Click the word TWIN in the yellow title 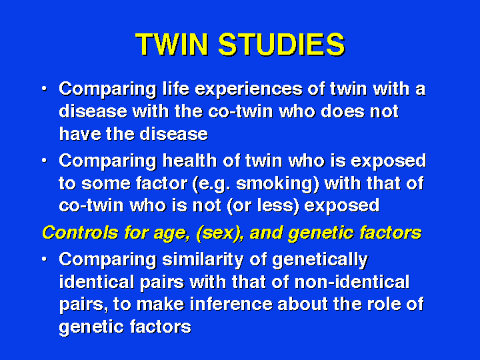click(x=172, y=45)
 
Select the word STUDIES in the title click(x=281, y=45)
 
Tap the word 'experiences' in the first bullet click(x=249, y=90)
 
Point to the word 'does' click(x=343, y=111)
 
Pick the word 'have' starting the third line click(x=79, y=134)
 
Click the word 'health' click(x=189, y=161)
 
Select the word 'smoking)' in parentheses click(x=277, y=184)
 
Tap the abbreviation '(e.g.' click(x=211, y=184)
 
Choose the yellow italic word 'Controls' click(x=80, y=233)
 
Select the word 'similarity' click(x=203, y=260)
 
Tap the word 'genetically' click(x=320, y=260)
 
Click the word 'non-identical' click(x=352, y=281)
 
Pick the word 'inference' click(x=231, y=304)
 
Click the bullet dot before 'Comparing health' click(x=45, y=161)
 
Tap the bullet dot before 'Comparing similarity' click(x=45, y=259)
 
